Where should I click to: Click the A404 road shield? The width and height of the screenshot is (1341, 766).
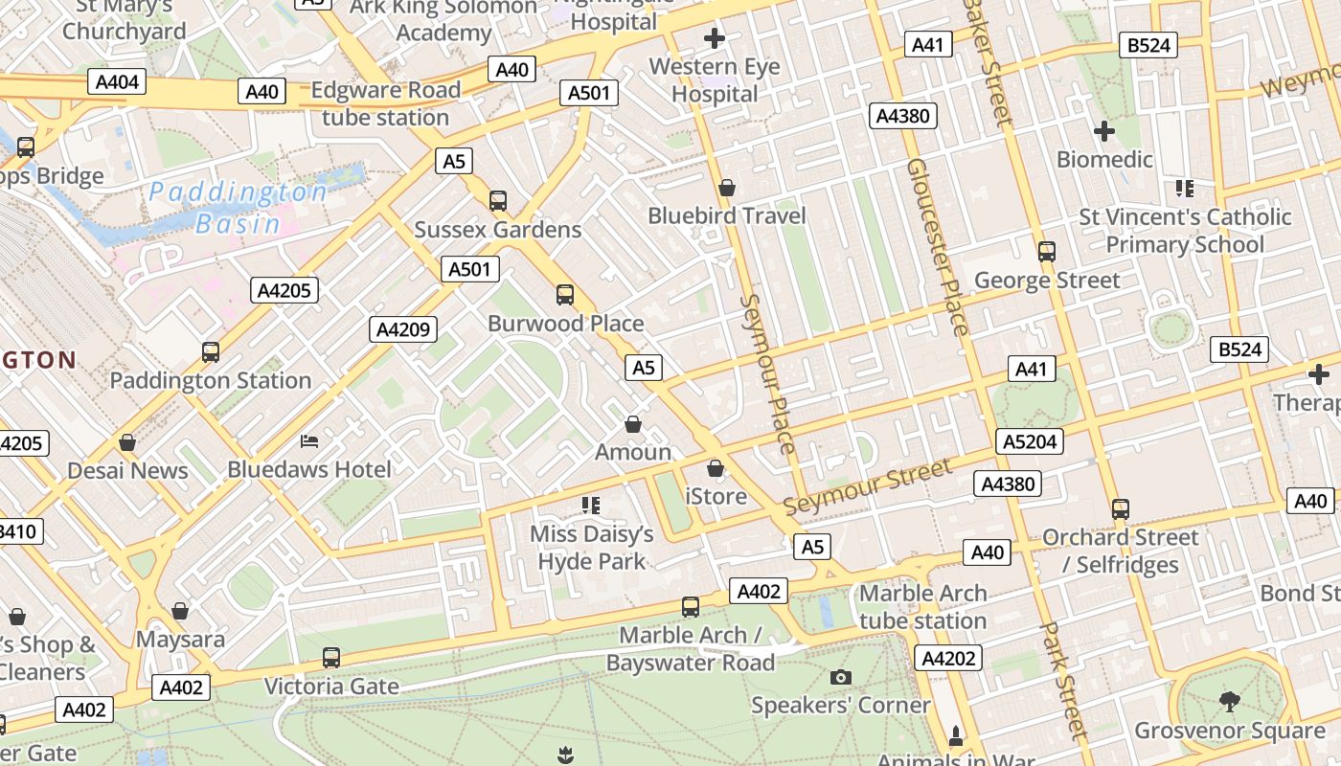click(x=118, y=81)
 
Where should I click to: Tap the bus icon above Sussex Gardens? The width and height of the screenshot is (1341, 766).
click(x=498, y=201)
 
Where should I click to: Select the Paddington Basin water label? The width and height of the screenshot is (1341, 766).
click(x=238, y=208)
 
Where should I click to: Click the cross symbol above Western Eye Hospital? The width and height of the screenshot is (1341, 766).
click(x=715, y=39)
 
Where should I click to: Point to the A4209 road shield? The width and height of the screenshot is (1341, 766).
click(x=403, y=329)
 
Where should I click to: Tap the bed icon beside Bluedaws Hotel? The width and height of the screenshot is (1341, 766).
click(x=309, y=440)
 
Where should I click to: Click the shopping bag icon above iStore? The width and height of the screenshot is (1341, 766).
click(x=716, y=468)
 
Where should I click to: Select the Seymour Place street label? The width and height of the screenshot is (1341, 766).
click(x=767, y=373)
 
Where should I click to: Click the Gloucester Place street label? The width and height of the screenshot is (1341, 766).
click(x=938, y=246)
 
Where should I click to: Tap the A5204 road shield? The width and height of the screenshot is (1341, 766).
click(x=1030, y=440)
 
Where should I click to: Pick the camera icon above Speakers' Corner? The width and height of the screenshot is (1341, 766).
click(x=841, y=677)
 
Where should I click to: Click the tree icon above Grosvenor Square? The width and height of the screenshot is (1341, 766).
click(x=1230, y=702)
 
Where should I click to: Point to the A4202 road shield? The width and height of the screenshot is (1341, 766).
click(x=948, y=658)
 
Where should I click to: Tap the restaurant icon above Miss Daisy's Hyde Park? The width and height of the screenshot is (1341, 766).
click(x=591, y=505)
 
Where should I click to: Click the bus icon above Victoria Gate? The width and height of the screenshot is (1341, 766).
click(x=331, y=658)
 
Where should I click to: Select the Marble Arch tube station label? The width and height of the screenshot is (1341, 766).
click(x=922, y=606)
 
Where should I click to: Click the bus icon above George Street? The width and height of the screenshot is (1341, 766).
click(x=1047, y=252)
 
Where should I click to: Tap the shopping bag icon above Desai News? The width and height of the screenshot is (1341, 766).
click(x=127, y=442)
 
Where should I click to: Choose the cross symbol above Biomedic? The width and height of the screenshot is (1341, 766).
click(x=1104, y=130)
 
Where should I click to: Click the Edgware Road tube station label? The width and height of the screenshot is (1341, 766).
click(x=386, y=103)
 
